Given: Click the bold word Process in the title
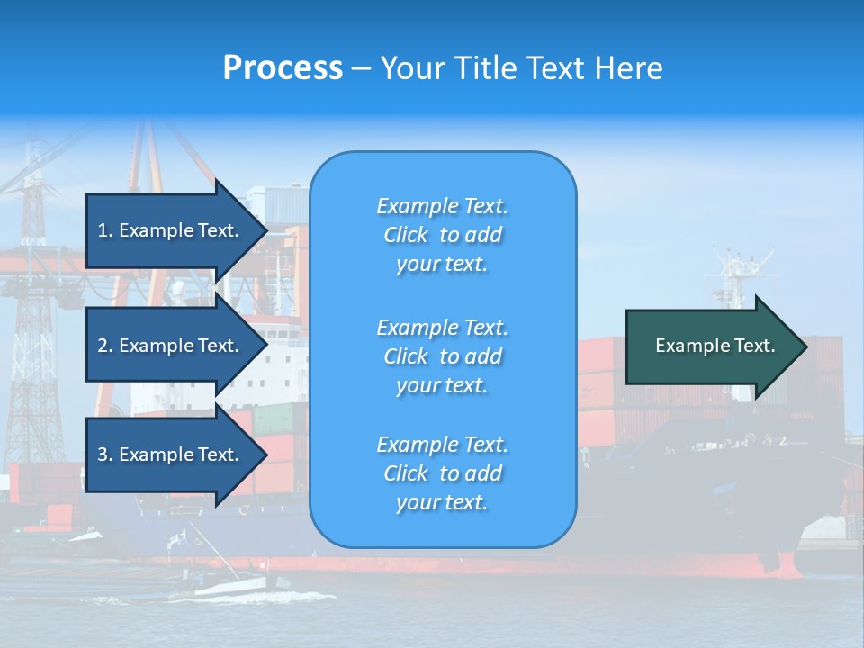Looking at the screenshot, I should pos(283,68).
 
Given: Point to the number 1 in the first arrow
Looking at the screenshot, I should pos(103,230).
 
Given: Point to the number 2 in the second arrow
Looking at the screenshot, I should pos(103,346).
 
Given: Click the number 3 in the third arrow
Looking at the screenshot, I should pos(103,454).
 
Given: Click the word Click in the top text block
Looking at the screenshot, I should pos(406,236).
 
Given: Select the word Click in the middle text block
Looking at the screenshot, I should pos(406,356).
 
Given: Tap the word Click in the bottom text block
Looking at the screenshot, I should pos(406,473).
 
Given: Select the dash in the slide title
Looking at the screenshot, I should pos(362,69).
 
